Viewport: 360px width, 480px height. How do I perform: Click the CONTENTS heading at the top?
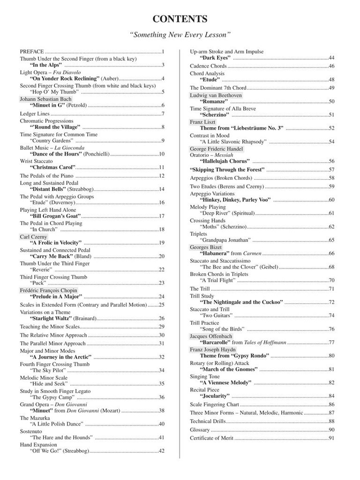(x=180, y=19)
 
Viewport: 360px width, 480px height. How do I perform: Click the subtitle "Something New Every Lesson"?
(x=180, y=35)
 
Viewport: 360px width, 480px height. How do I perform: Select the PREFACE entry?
(x=32, y=52)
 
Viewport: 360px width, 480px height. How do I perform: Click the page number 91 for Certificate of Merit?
(x=331, y=438)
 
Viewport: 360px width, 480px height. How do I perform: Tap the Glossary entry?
(x=196, y=430)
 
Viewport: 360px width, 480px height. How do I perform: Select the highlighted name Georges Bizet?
(x=206, y=247)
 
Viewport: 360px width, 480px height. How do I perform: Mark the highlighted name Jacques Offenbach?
(x=211, y=336)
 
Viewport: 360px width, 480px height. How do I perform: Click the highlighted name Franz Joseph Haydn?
(x=213, y=350)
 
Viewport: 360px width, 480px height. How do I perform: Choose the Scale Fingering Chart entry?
(x=214, y=405)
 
